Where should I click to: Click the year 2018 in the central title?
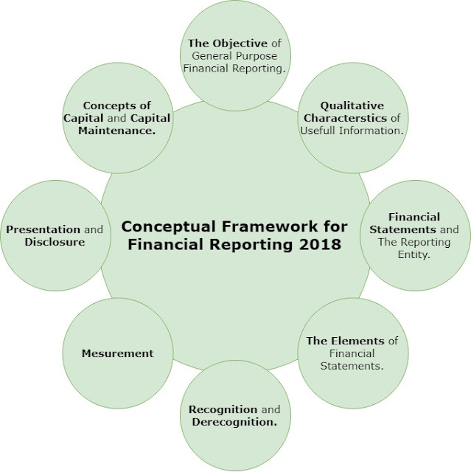pos(321,244)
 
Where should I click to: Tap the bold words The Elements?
pos(345,341)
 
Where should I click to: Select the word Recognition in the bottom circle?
pos(223,409)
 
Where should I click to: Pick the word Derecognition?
pos(234,422)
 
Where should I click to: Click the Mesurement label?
pos(118,353)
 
